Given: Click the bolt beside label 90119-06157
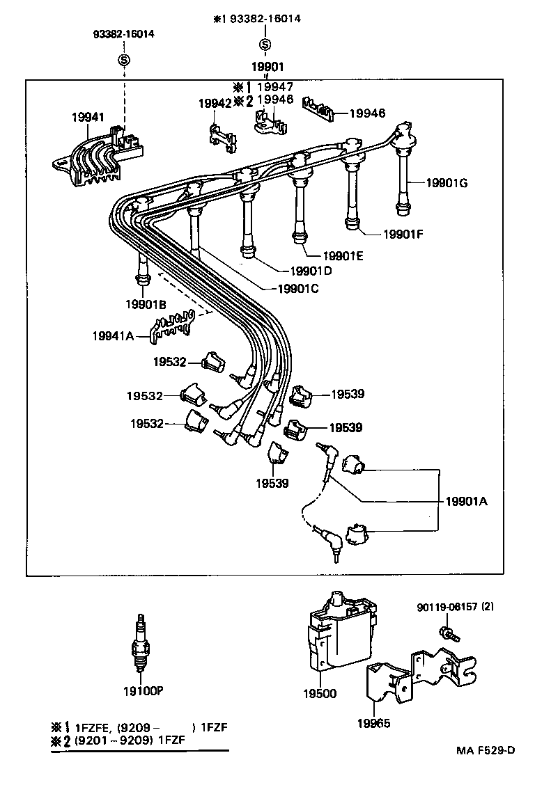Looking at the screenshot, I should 443,633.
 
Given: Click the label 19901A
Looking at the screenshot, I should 467,501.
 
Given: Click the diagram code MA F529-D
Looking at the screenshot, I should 486,750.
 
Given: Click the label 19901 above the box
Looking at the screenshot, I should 267,67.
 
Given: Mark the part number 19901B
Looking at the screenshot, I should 146,304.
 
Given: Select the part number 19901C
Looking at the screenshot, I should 297,288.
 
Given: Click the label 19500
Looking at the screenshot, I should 320,693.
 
